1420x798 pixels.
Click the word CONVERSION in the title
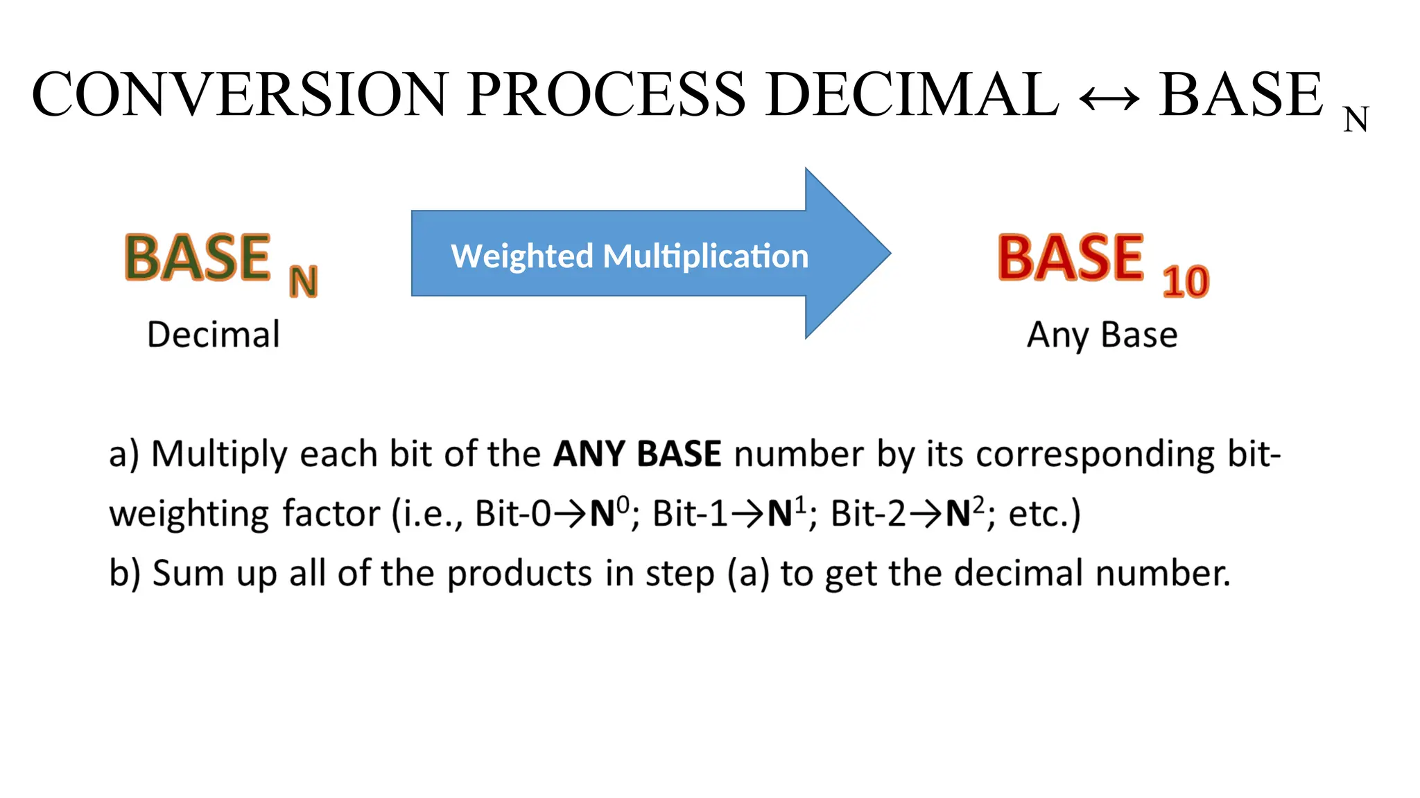click(x=240, y=95)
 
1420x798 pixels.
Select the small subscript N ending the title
click(x=1356, y=119)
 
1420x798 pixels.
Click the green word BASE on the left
click(x=198, y=258)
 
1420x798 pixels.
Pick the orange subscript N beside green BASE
click(x=303, y=282)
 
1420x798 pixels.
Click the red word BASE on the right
click(x=1071, y=258)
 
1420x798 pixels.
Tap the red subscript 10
click(x=1186, y=282)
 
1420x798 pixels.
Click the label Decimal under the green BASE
click(x=214, y=335)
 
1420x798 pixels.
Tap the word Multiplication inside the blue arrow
click(x=705, y=256)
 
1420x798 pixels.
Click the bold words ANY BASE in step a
click(x=637, y=454)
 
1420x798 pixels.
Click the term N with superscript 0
click(x=609, y=513)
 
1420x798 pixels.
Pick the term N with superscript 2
click(x=964, y=513)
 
